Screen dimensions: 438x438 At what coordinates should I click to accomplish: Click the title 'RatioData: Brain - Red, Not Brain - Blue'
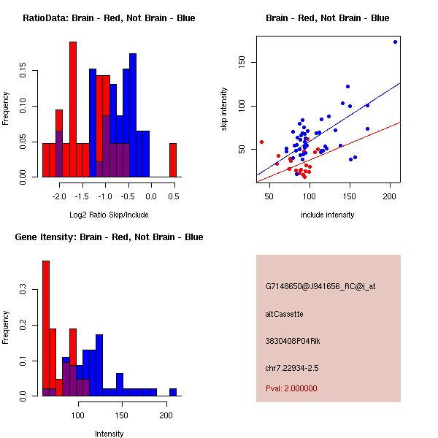point(109,18)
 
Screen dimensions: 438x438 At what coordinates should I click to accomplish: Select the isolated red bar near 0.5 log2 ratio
point(173,161)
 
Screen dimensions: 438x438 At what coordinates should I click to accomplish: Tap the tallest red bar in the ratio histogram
point(73,109)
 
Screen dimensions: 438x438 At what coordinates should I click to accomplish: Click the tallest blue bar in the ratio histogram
point(133,115)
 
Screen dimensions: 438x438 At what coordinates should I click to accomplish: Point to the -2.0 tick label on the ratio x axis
point(59,196)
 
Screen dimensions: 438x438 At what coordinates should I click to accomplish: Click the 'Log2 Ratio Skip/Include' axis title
point(109,215)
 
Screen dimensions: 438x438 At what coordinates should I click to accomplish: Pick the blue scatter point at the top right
point(395,42)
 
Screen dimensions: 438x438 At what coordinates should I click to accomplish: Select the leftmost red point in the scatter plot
point(262,142)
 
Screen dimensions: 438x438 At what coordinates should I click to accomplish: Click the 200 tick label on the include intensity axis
point(390,196)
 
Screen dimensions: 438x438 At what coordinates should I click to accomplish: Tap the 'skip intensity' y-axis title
point(224,109)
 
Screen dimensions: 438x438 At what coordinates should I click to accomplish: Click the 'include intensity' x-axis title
point(328,215)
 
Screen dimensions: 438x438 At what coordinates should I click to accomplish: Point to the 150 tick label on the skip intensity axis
point(242,62)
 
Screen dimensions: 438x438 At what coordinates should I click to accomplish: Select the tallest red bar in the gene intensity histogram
point(46,328)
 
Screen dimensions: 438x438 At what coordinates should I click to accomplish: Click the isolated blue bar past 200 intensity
point(173,392)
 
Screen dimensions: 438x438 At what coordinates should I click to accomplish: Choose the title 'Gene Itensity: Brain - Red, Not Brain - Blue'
point(109,237)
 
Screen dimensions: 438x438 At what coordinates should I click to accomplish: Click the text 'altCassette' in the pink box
point(285,314)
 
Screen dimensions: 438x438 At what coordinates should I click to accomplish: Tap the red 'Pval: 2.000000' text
point(291,388)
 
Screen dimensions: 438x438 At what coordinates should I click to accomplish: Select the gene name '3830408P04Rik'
point(293,341)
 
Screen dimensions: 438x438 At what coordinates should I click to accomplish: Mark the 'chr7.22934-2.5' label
point(292,368)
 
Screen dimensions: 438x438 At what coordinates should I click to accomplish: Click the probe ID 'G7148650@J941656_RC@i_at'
point(320,287)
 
